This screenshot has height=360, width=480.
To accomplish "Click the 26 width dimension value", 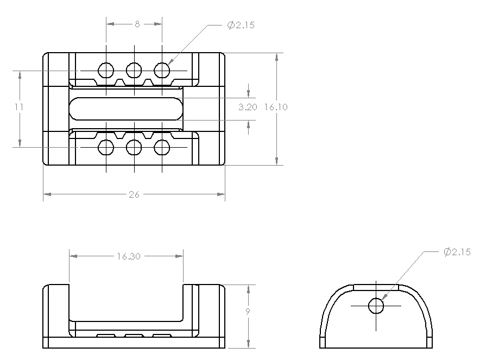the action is point(134,194).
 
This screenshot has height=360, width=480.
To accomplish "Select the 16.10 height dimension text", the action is point(276,107).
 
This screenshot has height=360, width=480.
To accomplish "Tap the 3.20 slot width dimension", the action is point(248,107).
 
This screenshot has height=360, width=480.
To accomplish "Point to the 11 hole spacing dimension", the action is point(19,107).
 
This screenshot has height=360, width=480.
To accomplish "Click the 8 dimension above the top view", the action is point(137,24).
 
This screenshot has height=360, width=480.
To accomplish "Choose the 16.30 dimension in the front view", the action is point(129,256).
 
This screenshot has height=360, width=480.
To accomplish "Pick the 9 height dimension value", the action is point(248,312).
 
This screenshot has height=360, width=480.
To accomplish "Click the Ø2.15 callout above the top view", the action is point(241,25).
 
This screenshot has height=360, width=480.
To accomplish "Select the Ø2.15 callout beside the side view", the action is point(457,251).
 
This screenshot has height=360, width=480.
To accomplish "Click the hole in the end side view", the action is point(376,306).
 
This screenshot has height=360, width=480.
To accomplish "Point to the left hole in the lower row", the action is point(106,147).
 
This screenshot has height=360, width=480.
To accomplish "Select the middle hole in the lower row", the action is point(134,147).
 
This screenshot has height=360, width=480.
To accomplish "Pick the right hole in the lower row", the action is point(162,147).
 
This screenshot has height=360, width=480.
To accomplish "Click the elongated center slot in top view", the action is point(126,109).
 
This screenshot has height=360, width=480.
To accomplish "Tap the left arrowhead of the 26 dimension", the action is point(47,194).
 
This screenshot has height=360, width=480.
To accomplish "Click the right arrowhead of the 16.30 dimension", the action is point(179,256).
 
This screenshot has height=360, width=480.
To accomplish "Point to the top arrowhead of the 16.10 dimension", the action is point(277,57).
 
